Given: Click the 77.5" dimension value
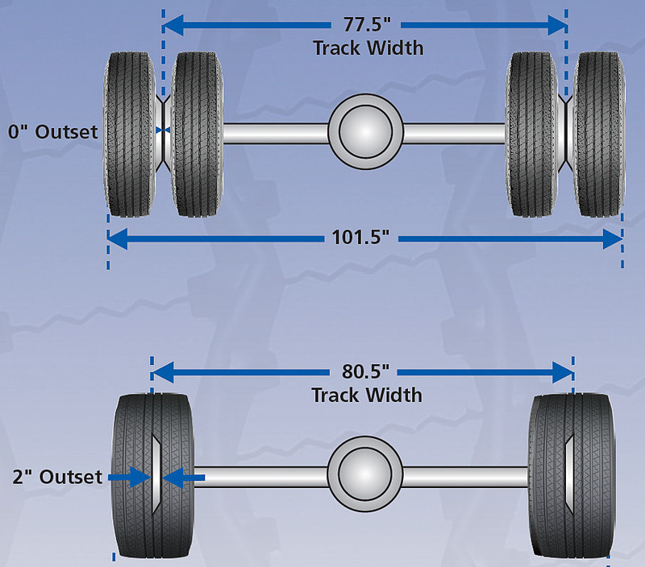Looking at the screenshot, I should coord(366,25).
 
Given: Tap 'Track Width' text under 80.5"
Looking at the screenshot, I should coord(367,395).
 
